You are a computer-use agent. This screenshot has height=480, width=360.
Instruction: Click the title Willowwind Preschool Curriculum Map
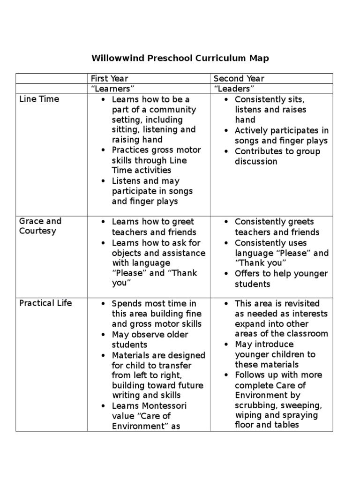pyautogui.click(x=180, y=59)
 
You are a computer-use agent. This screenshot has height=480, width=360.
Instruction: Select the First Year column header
pyautogui.click(x=109, y=79)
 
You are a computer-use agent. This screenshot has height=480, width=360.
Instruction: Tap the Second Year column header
pyautogui.click(x=239, y=79)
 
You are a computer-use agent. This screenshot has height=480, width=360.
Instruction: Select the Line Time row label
pyautogui.click(x=39, y=99)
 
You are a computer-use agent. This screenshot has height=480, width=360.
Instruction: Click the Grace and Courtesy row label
pyautogui.click(x=40, y=226)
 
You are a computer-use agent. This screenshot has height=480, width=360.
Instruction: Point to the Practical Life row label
pyautogui.click(x=45, y=303)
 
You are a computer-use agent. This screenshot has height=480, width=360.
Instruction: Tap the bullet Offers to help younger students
pyautogui.click(x=281, y=279)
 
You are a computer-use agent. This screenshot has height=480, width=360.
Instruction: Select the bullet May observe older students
pyautogui.click(x=150, y=340)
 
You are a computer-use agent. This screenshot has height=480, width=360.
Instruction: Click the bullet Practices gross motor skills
pyautogui.click(x=156, y=160)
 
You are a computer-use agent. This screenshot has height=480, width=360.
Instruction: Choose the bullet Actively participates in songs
pyautogui.click(x=281, y=135)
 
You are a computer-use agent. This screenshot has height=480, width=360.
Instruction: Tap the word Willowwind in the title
pyautogui.click(x=118, y=59)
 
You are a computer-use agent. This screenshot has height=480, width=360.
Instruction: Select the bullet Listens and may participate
pyautogui.click(x=152, y=191)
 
